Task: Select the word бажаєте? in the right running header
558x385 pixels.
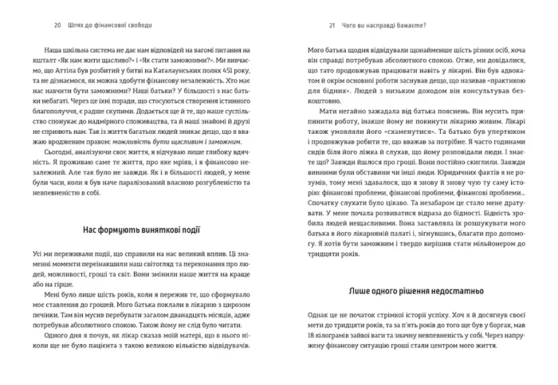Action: point(395,23)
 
